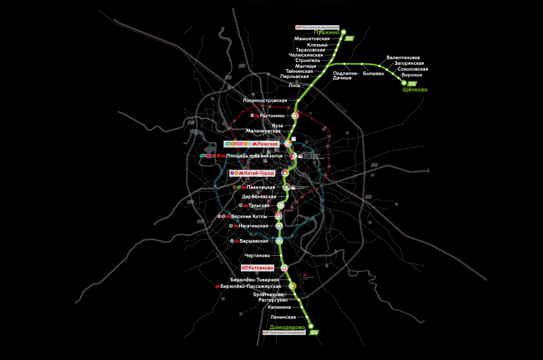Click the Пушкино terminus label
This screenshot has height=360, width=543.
click(x=326, y=32)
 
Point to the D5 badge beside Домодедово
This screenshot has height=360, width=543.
click(x=314, y=333)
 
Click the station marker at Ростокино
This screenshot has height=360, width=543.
click(x=295, y=116)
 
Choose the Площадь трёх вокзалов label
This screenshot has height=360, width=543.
click(x=255, y=156)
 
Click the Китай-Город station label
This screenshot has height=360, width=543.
click(x=260, y=173)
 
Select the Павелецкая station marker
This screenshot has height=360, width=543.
click(x=286, y=187)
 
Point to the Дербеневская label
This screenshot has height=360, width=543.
click(x=259, y=197)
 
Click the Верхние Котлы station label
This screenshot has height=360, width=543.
click(x=250, y=217)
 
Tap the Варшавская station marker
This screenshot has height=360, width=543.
click(x=279, y=241)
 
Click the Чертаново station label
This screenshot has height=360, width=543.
click(x=257, y=256)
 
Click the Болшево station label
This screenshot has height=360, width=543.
click(x=373, y=73)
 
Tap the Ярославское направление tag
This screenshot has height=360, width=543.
click(x=320, y=27)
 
